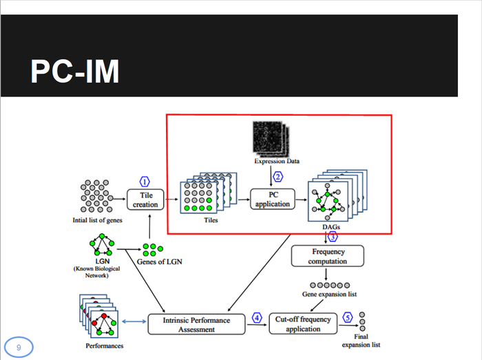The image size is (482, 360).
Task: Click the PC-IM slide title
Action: (74, 71)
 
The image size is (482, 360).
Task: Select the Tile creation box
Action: (145, 200)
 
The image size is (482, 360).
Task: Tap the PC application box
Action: (273, 199)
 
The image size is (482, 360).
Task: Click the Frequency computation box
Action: (328, 256)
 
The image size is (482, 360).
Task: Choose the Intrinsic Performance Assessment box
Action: (198, 324)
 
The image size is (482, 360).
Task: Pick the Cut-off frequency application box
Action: (303, 324)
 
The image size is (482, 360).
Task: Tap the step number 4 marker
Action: (257, 318)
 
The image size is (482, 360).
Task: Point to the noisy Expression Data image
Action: (271, 138)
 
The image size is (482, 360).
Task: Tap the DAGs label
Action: (331, 226)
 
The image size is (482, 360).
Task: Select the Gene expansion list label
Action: (330, 295)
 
